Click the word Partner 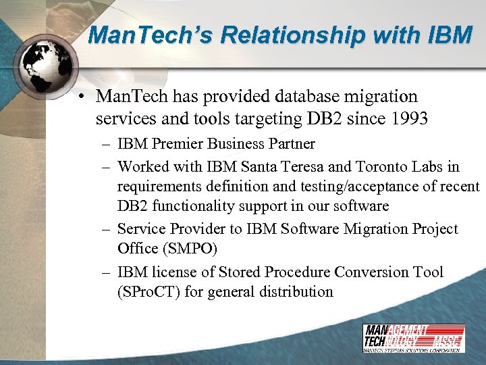tap(290, 143)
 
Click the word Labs tap(429, 166)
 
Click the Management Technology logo tap(412, 338)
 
